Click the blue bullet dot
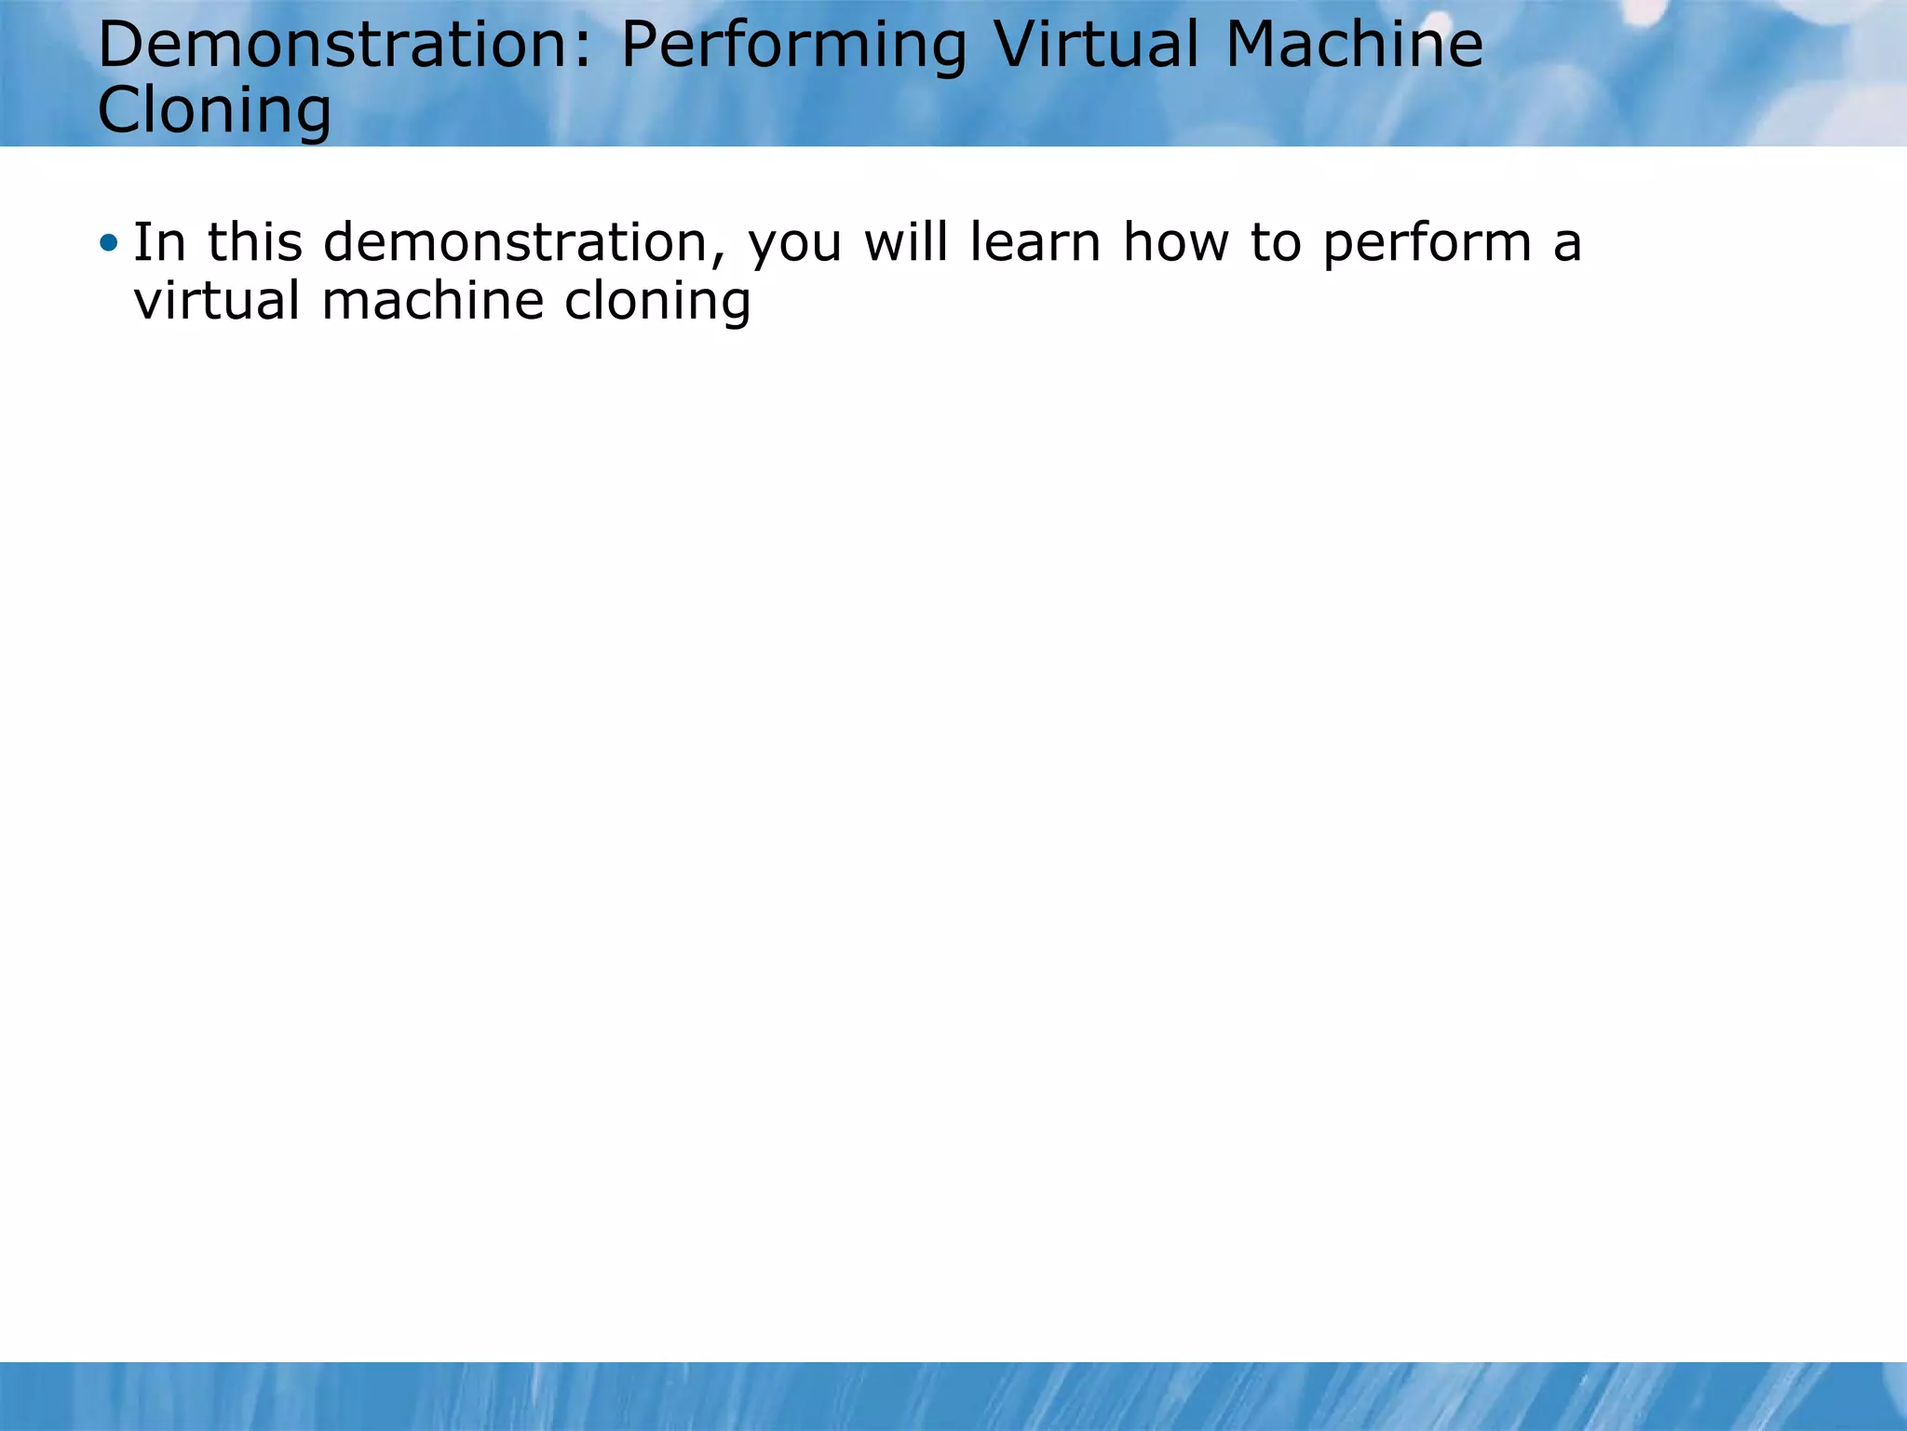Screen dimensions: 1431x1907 pos(109,244)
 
